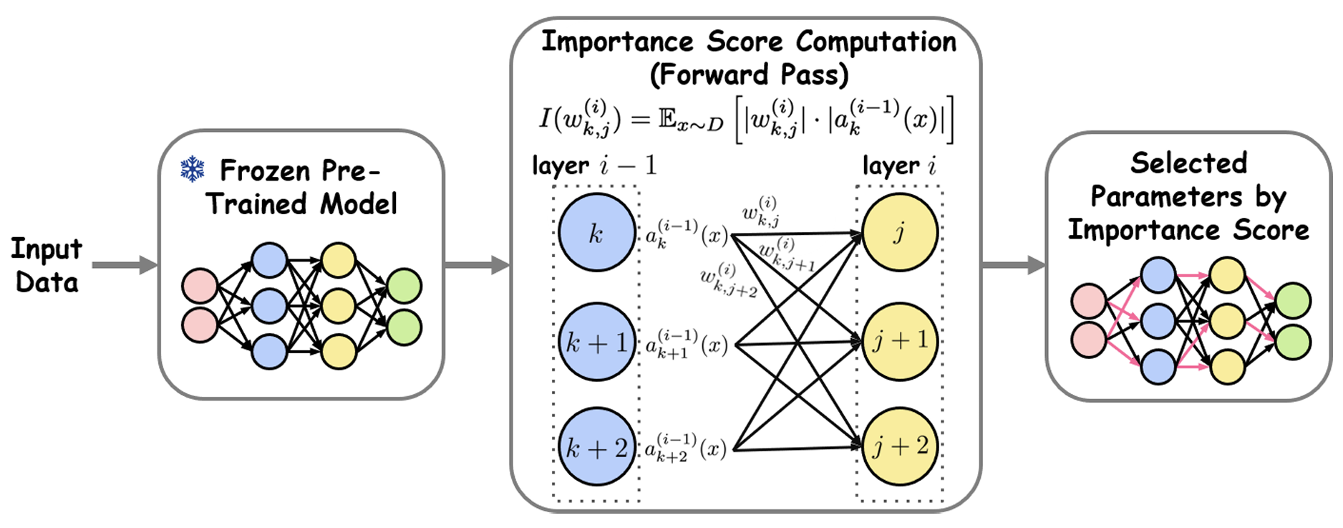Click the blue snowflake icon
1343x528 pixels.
click(x=192, y=169)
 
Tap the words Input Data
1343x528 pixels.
click(x=47, y=265)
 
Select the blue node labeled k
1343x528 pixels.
click(x=596, y=232)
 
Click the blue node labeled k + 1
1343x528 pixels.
click(x=597, y=342)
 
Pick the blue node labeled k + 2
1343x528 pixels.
click(x=597, y=447)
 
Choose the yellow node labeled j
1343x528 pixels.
click(x=900, y=231)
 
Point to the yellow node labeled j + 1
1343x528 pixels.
click(x=900, y=341)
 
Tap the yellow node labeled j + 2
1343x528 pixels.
click(x=900, y=446)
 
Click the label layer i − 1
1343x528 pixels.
click(x=594, y=166)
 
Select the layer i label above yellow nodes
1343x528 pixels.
click(x=899, y=166)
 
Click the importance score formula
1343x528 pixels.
click(x=747, y=119)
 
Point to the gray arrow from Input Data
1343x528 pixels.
click(x=125, y=265)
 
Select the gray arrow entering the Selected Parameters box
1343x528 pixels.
click(x=1014, y=265)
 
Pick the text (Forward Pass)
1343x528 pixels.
click(x=750, y=75)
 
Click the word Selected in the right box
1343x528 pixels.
click(x=1188, y=163)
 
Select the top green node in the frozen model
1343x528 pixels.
click(x=404, y=286)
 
